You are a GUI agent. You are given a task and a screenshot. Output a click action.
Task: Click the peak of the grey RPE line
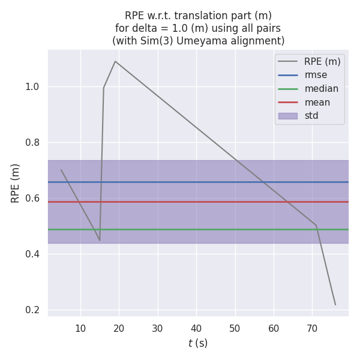click(x=115, y=61)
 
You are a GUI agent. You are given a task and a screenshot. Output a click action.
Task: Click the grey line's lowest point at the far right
click(x=335, y=305)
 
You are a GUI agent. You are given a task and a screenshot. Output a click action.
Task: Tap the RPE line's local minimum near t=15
click(x=100, y=241)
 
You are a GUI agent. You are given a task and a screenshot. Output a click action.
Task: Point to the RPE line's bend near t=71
click(x=316, y=226)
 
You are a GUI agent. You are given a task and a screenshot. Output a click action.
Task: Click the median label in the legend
click(x=321, y=89)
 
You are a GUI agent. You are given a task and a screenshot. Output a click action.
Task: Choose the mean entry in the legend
click(x=317, y=102)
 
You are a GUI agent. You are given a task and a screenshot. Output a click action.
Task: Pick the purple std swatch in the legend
click(x=287, y=116)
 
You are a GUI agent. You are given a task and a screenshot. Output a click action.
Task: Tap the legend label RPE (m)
click(x=322, y=61)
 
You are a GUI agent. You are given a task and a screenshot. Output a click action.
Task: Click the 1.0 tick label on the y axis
click(x=32, y=87)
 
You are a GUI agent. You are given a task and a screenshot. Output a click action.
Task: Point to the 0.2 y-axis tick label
click(x=32, y=310)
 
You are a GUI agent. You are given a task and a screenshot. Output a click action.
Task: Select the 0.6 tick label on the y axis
click(x=32, y=199)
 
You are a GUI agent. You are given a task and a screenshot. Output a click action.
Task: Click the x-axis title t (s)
click(x=198, y=343)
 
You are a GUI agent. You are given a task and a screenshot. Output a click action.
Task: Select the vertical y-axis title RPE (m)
click(x=16, y=183)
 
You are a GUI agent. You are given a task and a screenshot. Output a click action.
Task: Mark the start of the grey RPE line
click(x=61, y=170)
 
